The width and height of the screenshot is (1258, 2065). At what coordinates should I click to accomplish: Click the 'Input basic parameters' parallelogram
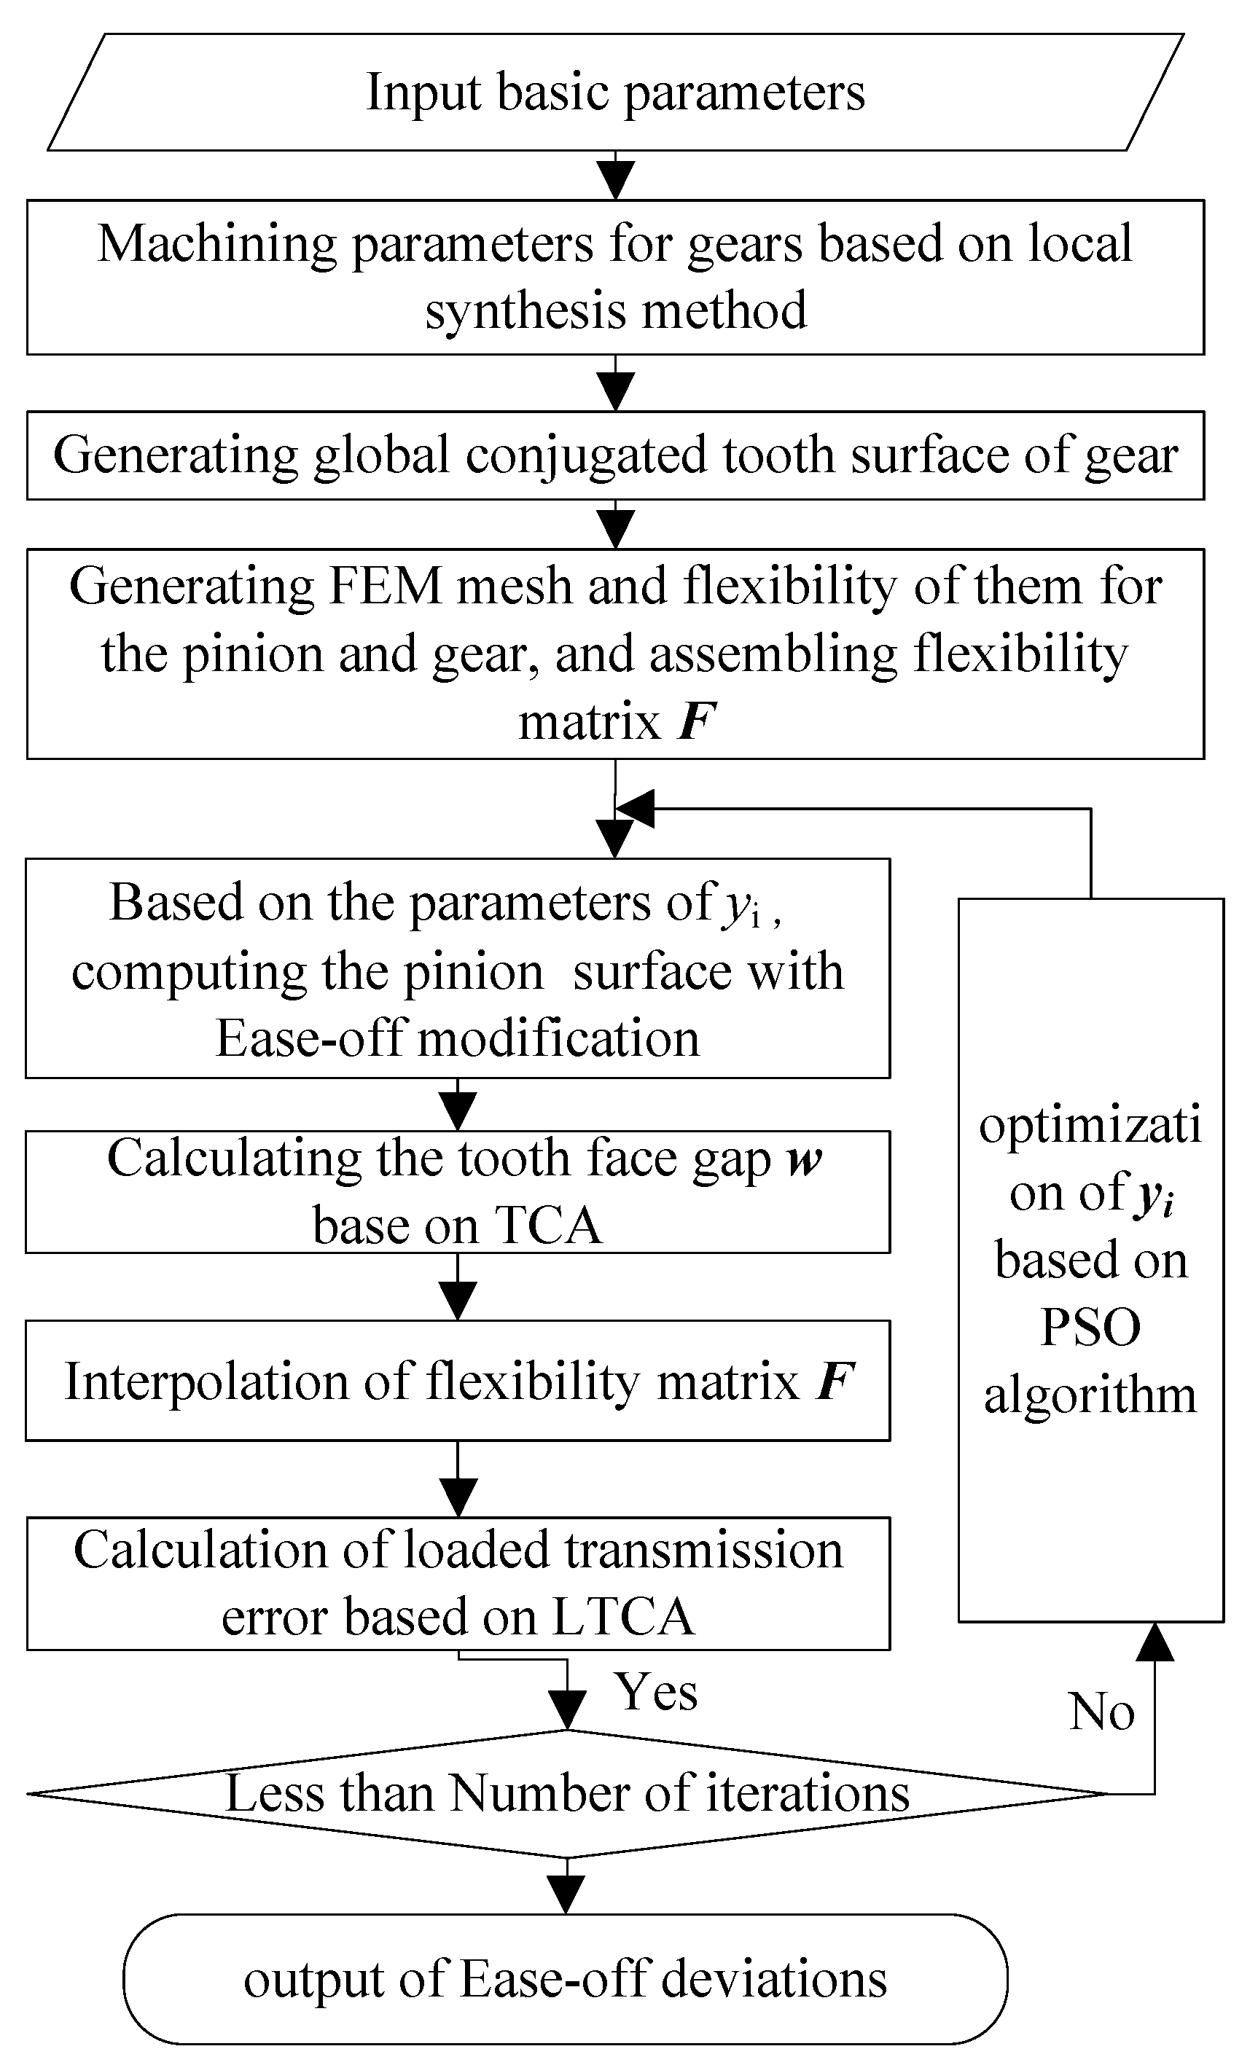(x=615, y=93)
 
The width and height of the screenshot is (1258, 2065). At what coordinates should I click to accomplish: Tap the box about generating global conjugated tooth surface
(x=615, y=455)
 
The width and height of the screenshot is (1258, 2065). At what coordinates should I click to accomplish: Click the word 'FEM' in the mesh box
(x=385, y=586)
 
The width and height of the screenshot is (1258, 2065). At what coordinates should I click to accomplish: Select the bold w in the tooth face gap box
(x=805, y=1161)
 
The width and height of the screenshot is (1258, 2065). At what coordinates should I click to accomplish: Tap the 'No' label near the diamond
(x=1101, y=1712)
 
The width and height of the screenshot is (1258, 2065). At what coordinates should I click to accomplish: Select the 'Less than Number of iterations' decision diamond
(x=566, y=1794)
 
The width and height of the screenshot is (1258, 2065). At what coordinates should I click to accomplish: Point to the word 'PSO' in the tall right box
(x=1090, y=1327)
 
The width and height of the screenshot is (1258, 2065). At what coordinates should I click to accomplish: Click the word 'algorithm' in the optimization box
(x=1090, y=1395)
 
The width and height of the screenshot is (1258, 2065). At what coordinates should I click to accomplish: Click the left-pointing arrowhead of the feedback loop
(x=634, y=809)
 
